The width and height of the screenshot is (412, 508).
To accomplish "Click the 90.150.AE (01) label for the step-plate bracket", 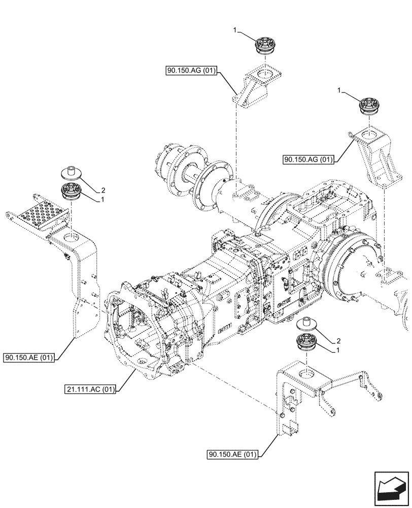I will click(29, 358).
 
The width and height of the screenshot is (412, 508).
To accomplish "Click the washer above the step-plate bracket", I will click(71, 172).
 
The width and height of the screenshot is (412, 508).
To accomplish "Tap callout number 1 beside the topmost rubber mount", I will click(235, 31).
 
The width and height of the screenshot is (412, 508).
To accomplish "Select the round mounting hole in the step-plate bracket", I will click(71, 237).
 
